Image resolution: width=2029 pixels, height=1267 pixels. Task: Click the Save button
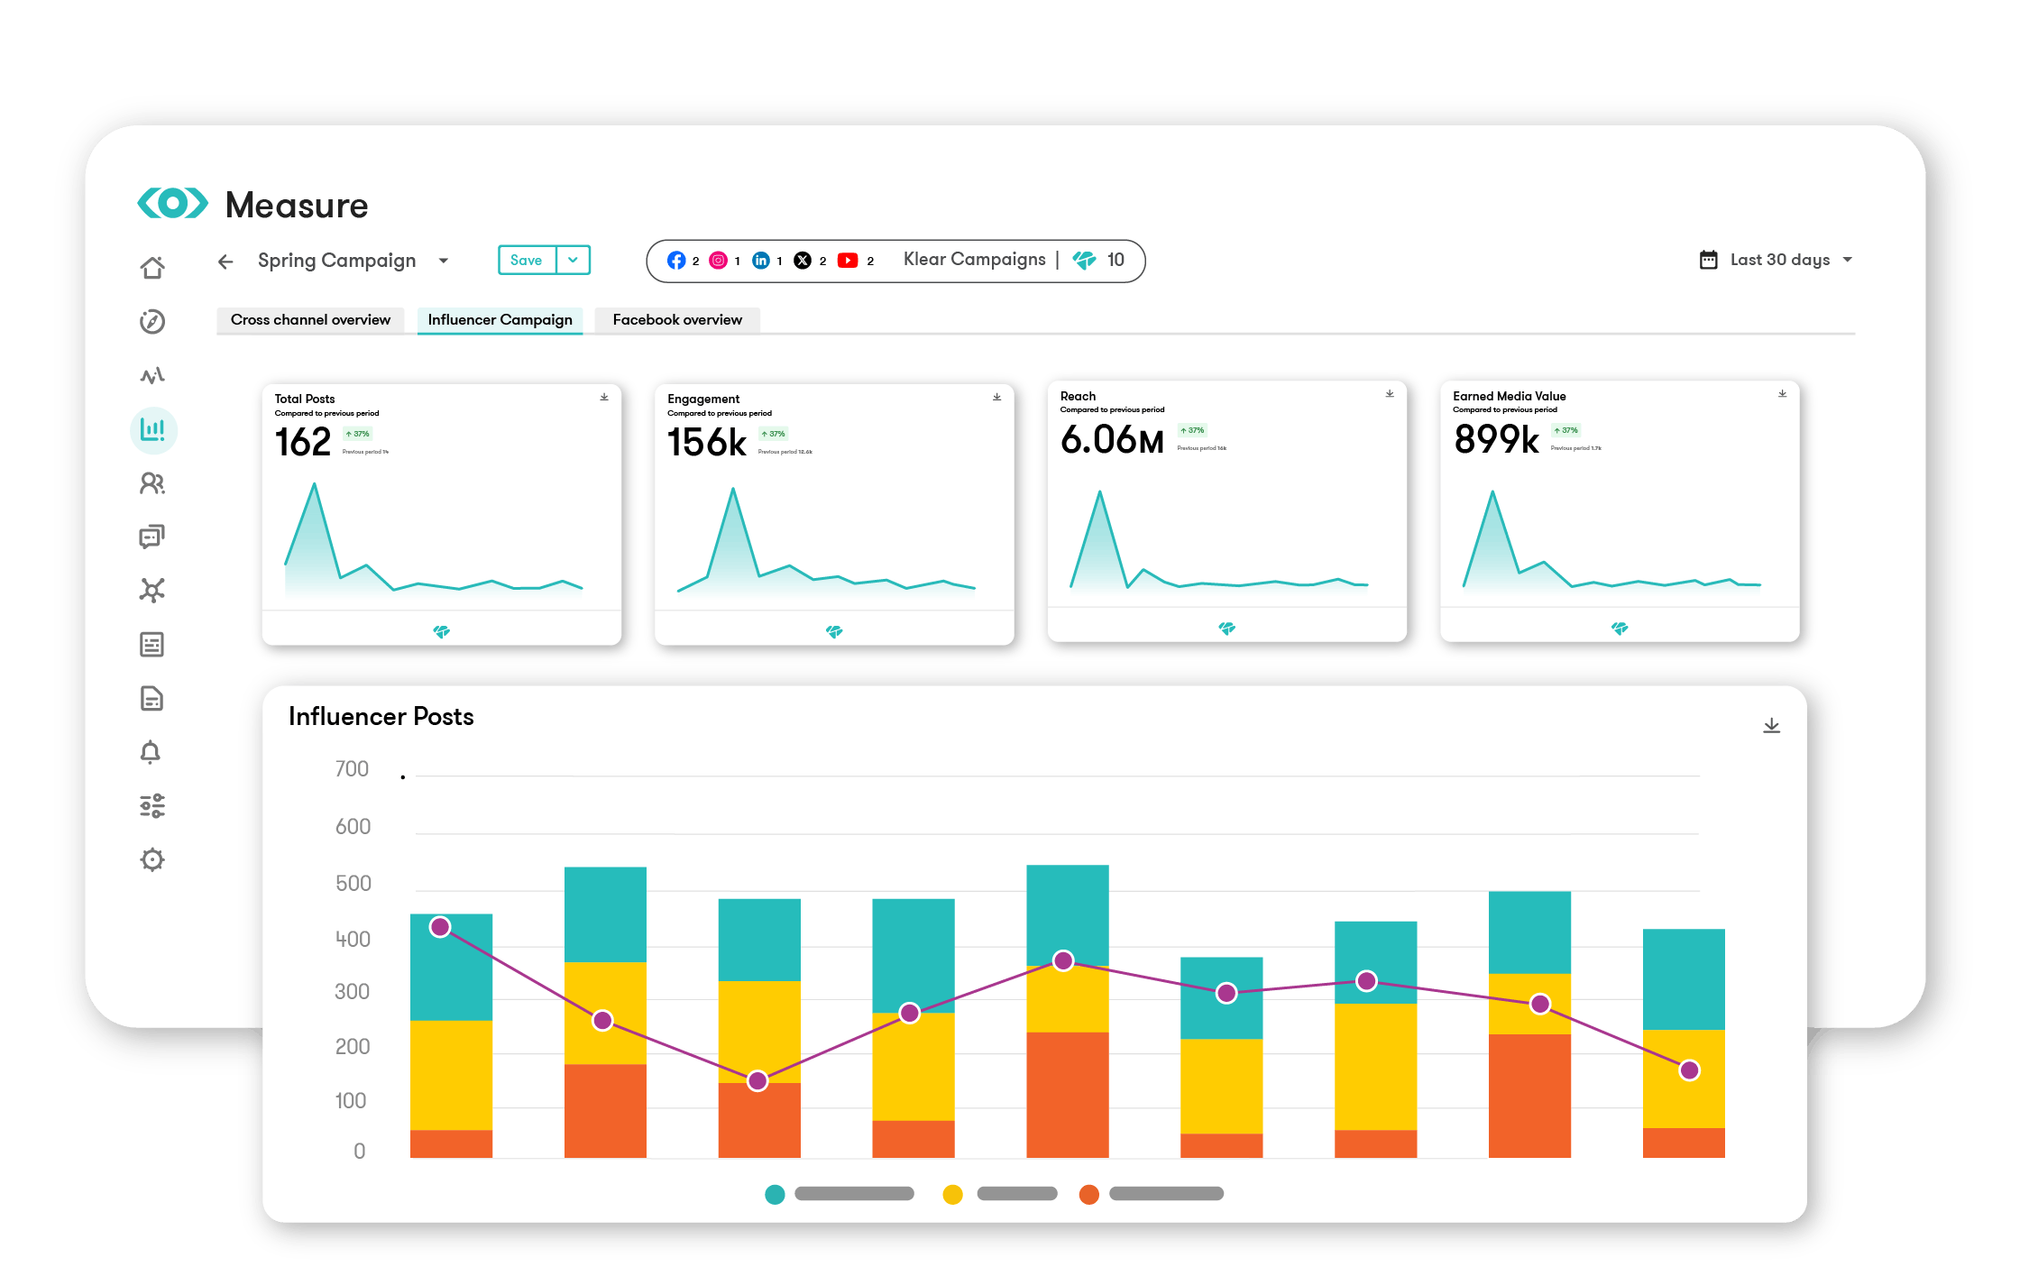(x=527, y=260)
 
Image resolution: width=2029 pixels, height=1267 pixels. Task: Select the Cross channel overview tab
(x=310, y=319)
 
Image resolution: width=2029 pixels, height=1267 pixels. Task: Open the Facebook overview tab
(x=677, y=319)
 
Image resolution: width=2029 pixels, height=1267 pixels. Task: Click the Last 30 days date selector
(x=1778, y=260)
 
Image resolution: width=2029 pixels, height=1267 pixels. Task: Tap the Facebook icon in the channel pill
(x=675, y=261)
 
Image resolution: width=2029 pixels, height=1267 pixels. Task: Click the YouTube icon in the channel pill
(x=848, y=261)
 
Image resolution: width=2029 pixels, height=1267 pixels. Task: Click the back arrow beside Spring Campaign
(x=225, y=262)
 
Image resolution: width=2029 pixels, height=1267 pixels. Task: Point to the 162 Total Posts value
(x=303, y=442)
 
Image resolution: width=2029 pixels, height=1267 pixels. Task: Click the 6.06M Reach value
(x=1112, y=440)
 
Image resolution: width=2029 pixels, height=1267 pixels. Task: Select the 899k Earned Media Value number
(x=1496, y=440)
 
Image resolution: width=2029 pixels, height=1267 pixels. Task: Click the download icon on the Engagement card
(x=996, y=397)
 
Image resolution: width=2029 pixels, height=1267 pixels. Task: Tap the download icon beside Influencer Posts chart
(x=1771, y=726)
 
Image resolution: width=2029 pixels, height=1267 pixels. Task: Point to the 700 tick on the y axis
(x=352, y=769)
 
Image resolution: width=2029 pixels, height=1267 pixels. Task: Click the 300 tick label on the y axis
(x=352, y=992)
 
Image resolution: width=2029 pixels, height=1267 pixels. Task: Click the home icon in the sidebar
(x=152, y=268)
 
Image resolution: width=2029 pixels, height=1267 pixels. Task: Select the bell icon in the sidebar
(x=151, y=752)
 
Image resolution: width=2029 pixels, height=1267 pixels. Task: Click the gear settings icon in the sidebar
(x=152, y=859)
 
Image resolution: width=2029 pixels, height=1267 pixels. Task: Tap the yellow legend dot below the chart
(x=952, y=1194)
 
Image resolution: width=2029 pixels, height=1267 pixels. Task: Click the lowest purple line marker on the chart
(x=757, y=1080)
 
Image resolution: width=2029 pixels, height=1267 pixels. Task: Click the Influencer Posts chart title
(x=381, y=716)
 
